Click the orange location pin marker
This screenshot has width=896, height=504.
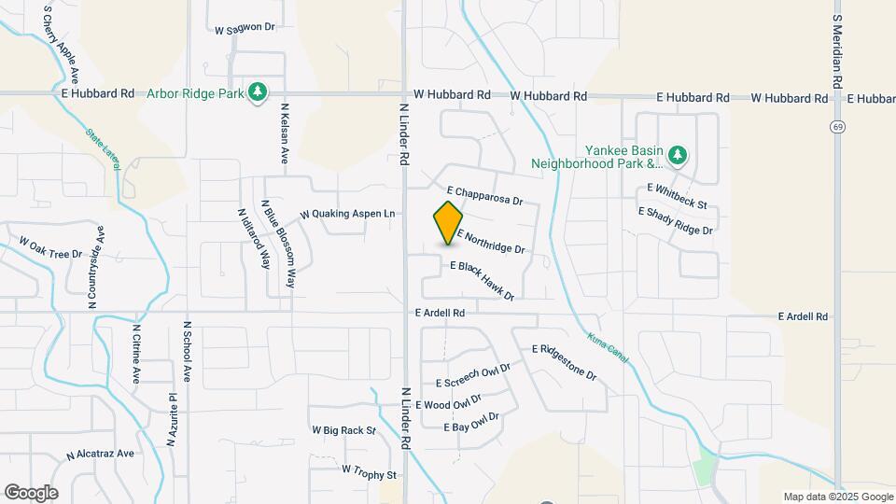pos(449,223)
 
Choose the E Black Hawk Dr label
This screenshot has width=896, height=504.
pos(483,280)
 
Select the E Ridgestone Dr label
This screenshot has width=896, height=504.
pos(564,361)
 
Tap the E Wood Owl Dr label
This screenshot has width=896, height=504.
pos(449,401)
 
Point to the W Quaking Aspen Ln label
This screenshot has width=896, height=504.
pos(347,214)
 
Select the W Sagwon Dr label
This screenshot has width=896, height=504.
pos(245,29)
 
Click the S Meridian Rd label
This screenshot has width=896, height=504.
pos(837,51)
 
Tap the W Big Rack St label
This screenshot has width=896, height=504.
pos(343,431)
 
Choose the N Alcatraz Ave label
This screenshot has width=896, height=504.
pos(100,455)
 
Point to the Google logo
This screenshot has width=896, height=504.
pos(31,493)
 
